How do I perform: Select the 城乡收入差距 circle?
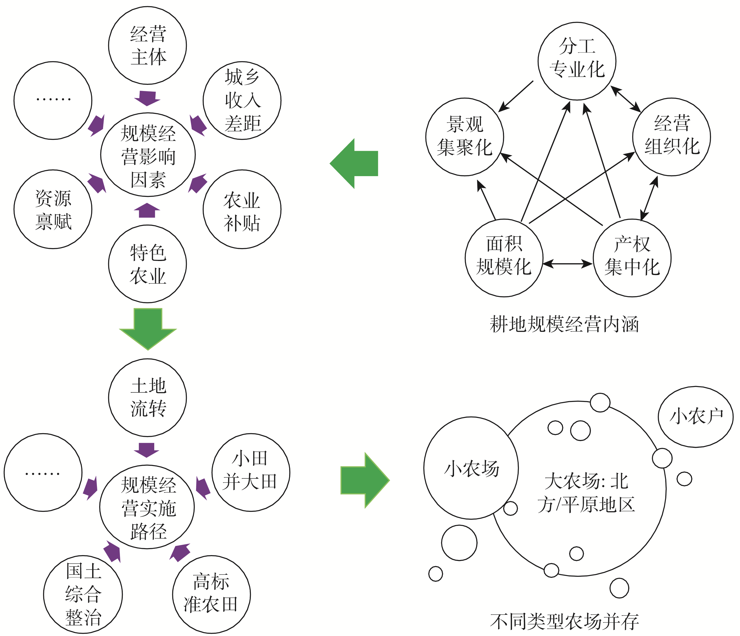(242, 100)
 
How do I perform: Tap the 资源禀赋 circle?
(53, 209)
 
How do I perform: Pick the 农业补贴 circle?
(242, 209)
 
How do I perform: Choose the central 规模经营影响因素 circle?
(148, 155)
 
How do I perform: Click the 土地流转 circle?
(147, 397)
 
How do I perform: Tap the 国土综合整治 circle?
(83, 595)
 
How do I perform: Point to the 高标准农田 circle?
(212, 595)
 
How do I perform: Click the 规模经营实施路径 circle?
(147, 507)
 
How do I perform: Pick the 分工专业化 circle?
(577, 61)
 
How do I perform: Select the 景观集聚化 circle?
(465, 137)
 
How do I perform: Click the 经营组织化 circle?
(671, 137)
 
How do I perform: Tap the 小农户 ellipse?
(696, 417)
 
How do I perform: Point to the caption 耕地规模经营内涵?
(564, 324)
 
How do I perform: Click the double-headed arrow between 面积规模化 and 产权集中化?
(568, 264)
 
